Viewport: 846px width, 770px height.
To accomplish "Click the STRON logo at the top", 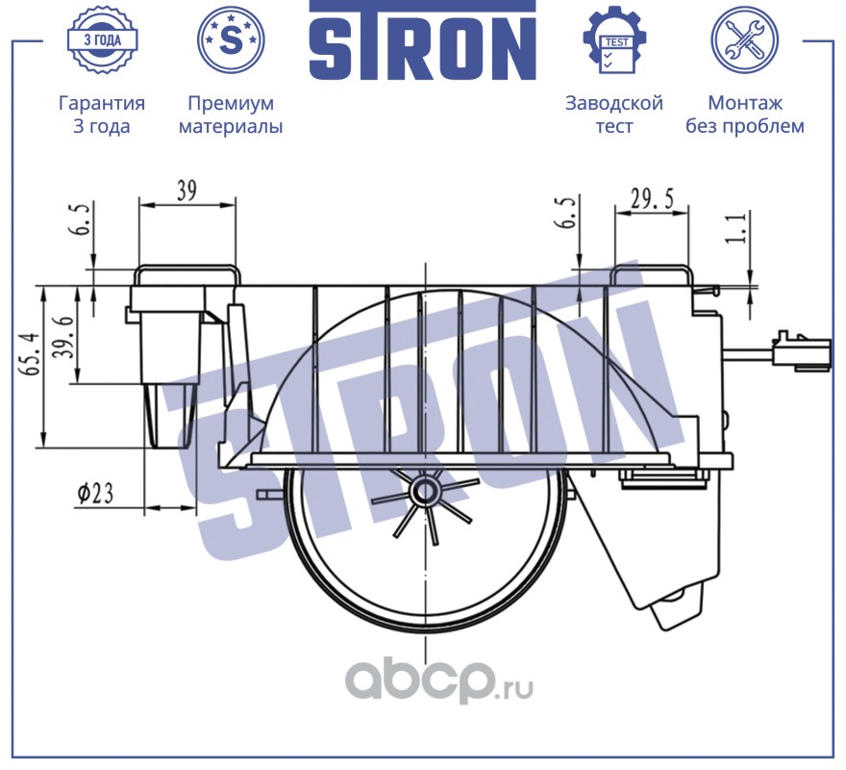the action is pos(422,43).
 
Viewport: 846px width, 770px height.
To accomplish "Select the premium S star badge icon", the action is pos(230,39).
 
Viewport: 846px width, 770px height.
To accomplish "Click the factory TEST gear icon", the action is pos(614,39).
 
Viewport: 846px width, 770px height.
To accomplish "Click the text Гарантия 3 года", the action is pos(102,115).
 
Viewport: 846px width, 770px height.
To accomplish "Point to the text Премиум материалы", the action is pos(231,115).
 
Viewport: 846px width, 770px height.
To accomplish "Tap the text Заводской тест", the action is pos(614,115).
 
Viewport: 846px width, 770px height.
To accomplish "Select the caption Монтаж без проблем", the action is pos(744,115).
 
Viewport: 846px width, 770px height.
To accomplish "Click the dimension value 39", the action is pos(187,191).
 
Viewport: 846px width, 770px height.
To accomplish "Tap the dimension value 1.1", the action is pos(739,232).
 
